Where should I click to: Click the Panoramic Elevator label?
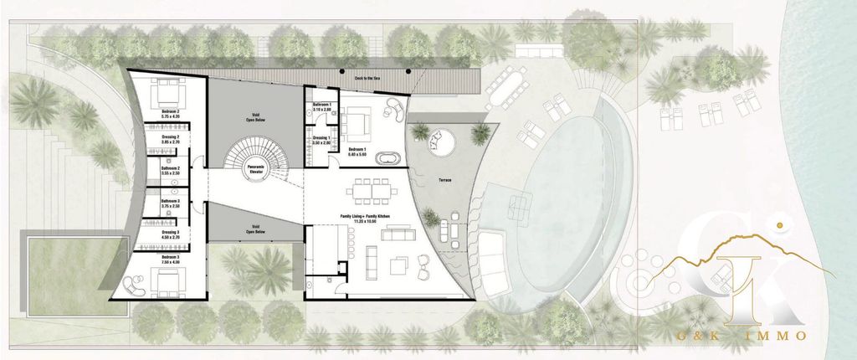coord(256,170)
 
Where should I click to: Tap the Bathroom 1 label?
coord(322,107)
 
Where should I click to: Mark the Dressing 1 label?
coord(322,140)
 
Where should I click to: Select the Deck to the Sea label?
coord(367,77)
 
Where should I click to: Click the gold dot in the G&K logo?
coord(779,225)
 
